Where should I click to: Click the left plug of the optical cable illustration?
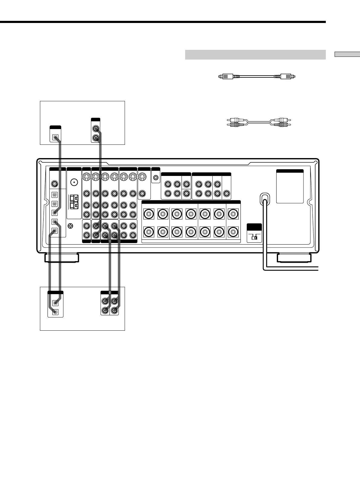[225, 77]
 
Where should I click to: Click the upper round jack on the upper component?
[96, 129]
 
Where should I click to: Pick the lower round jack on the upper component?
[96, 138]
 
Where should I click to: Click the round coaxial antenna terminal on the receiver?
[74, 183]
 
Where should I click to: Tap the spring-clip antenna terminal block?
[74, 202]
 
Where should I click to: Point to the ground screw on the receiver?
[71, 225]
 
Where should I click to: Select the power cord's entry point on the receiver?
[264, 198]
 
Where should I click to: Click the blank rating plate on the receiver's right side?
[290, 188]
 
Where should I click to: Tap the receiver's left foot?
[62, 258]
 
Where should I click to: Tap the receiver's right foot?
[294, 258]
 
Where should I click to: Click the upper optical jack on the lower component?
[55, 302]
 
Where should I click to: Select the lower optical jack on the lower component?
[55, 312]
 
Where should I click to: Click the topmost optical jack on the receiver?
[54, 194]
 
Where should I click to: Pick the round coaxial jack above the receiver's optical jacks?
[54, 183]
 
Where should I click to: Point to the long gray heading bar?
[255, 55]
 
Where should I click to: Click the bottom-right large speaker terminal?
[233, 232]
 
